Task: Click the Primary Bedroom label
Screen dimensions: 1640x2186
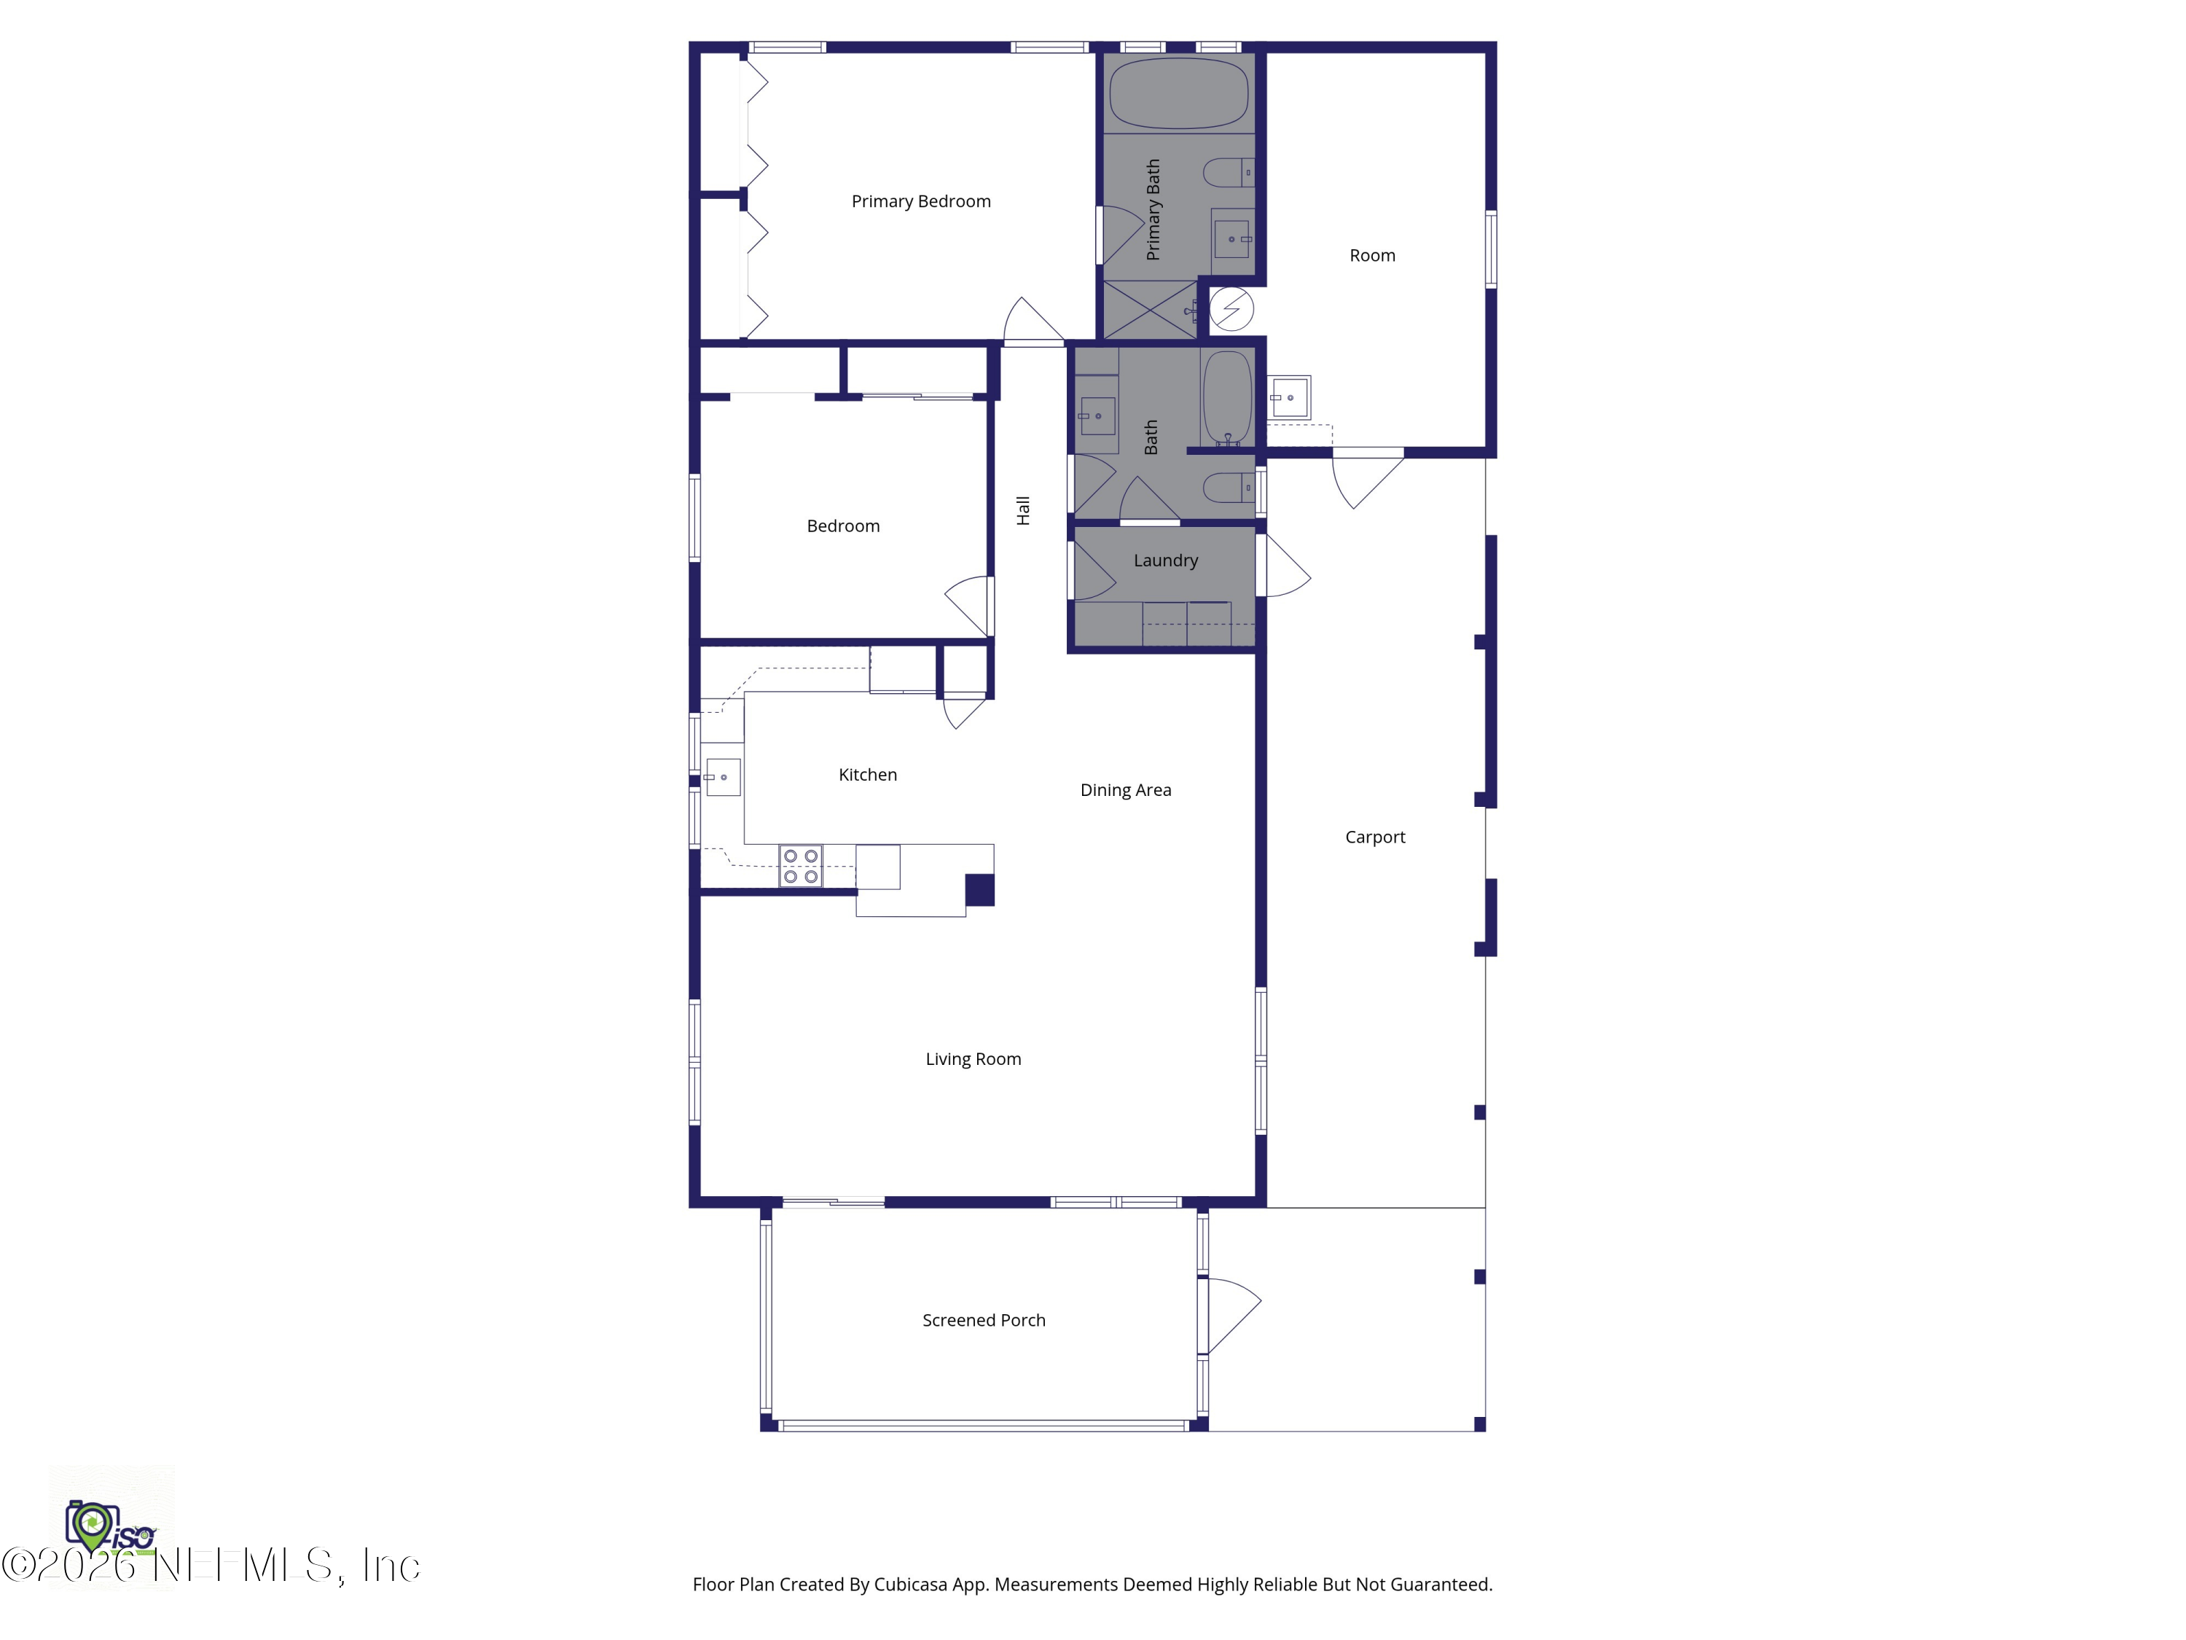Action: point(920,202)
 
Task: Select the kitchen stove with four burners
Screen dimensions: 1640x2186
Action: point(801,866)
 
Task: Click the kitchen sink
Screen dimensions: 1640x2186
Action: point(722,777)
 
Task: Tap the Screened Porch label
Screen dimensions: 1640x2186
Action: point(983,1321)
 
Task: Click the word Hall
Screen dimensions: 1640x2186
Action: point(1023,510)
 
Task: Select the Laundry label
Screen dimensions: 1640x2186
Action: point(1165,561)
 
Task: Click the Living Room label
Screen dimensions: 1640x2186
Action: point(973,1059)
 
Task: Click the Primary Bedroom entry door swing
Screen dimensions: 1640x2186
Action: point(1032,320)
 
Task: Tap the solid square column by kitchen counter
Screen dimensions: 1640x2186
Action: point(979,890)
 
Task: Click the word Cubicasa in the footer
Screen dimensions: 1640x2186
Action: point(910,1585)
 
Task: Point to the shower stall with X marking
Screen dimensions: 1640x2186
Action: point(1148,310)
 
